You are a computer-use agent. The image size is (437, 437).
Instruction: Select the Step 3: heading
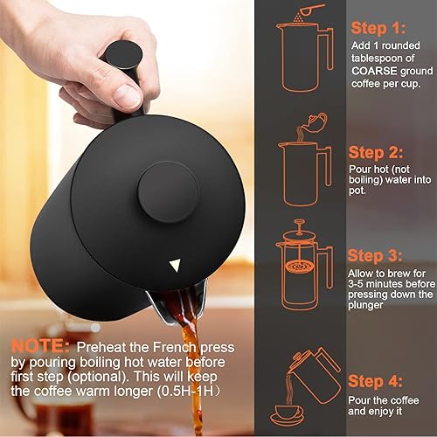[x=376, y=256]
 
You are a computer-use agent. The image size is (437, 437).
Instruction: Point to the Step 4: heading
[x=376, y=381]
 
